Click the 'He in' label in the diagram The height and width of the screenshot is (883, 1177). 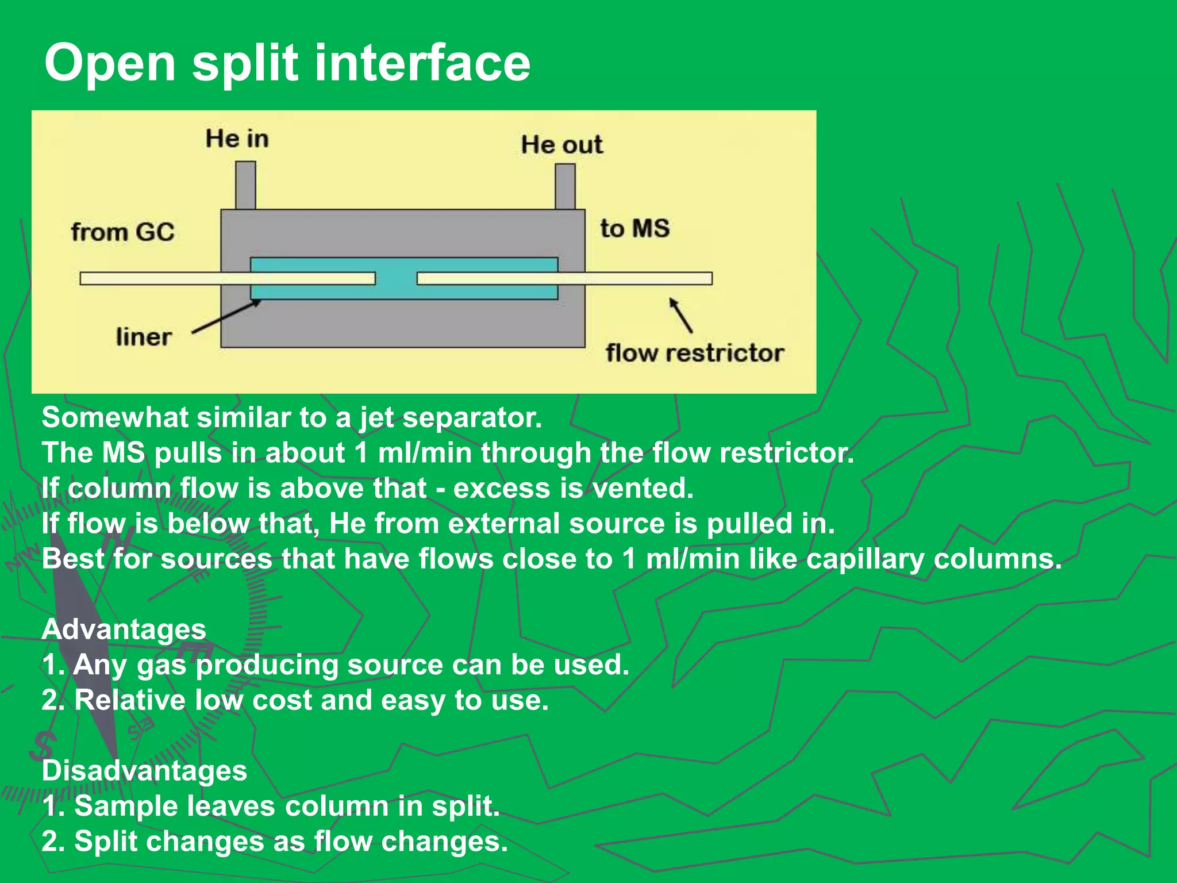point(237,139)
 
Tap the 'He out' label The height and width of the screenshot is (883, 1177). point(561,144)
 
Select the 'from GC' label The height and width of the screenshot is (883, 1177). point(122,232)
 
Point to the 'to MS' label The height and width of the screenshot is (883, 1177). point(634,228)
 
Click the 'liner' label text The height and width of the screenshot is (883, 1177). point(144,337)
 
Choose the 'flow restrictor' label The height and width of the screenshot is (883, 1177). point(694,353)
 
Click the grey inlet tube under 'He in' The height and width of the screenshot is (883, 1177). point(245,185)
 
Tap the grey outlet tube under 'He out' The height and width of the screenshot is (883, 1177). point(565,186)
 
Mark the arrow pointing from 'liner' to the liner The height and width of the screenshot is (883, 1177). point(226,317)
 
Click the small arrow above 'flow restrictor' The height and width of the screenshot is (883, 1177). point(681,315)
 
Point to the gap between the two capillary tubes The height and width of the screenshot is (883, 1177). point(396,279)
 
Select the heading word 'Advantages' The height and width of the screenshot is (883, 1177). point(124,629)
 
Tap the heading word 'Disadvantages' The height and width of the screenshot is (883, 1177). point(144,770)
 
